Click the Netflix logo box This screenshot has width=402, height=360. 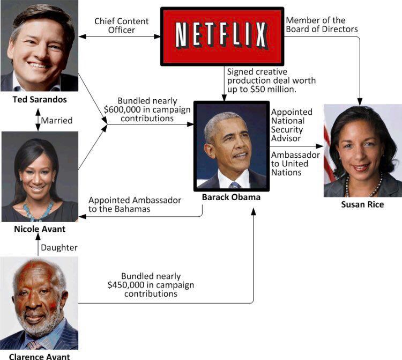point(222,36)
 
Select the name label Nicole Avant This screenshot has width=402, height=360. point(40,229)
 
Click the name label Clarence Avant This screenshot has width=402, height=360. point(39,356)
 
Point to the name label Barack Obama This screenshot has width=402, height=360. point(231,197)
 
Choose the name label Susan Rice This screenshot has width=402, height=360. point(362,204)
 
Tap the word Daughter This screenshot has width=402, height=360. point(59,247)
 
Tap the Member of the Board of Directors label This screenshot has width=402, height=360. point(322,25)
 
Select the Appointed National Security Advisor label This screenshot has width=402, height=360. point(292,125)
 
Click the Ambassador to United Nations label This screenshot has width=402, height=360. point(295,164)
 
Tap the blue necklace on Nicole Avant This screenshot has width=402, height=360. point(38,209)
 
